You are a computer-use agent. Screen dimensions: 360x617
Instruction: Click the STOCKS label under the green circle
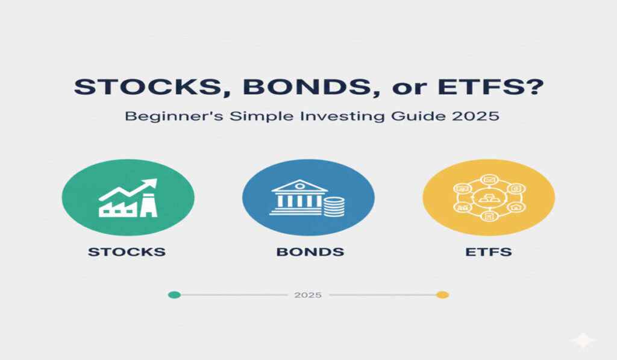point(127,251)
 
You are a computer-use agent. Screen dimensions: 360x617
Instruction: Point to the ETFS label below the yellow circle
point(489,251)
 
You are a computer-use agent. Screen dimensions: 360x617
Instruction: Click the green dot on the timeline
point(174,295)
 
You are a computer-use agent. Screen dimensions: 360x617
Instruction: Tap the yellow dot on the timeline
point(442,295)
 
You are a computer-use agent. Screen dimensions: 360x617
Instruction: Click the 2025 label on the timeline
point(308,295)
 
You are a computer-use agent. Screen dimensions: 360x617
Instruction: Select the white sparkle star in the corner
point(583,341)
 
